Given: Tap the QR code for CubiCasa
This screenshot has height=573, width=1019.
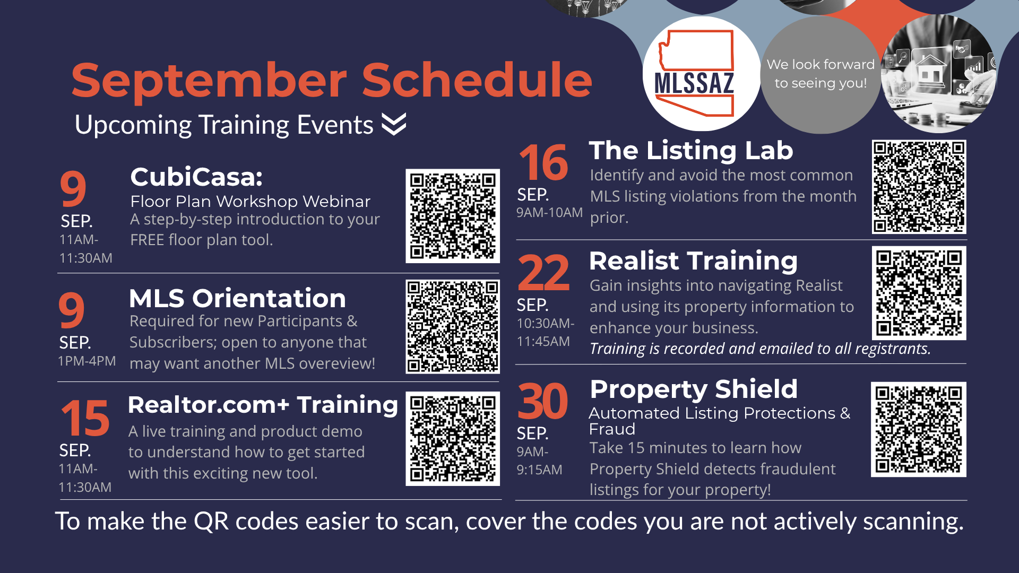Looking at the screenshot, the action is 453,216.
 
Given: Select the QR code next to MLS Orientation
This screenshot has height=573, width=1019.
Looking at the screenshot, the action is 453,327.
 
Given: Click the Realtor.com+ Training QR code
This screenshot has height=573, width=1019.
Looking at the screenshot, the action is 453,439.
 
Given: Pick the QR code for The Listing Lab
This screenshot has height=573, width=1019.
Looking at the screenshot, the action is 919,187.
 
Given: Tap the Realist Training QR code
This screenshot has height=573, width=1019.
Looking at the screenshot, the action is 919,293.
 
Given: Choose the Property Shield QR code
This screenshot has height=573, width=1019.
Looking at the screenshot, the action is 919,429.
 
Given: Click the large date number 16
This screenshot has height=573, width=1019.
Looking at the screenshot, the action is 543,162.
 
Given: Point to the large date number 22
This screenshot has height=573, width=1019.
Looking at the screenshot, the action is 543,273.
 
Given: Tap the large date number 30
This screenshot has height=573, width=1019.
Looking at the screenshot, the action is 543,401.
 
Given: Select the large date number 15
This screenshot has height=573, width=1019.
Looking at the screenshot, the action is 85,418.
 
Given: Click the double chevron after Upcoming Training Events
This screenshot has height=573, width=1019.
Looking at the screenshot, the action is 394,124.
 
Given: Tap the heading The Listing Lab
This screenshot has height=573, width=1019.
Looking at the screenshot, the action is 691,151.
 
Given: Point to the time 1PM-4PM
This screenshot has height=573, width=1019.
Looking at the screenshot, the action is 87,361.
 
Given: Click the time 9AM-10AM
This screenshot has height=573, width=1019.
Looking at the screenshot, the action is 550,213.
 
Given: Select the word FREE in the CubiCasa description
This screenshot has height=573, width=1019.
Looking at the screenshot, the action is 147,240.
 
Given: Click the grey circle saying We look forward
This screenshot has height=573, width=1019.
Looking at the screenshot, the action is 821,75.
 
